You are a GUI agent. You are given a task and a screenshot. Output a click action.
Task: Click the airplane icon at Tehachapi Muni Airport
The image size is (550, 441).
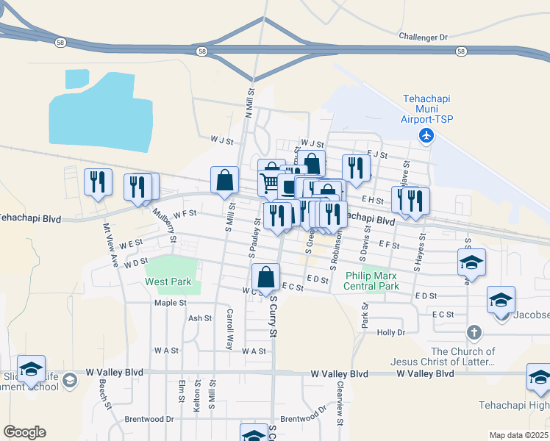pyautogui.click(x=426, y=135)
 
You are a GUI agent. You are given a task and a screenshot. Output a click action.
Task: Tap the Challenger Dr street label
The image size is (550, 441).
pyautogui.click(x=423, y=36)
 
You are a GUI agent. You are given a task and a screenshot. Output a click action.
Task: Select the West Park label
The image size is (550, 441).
pyautogui.click(x=168, y=282)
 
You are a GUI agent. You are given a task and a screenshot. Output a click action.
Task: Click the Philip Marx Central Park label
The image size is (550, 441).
pyautogui.click(x=372, y=281)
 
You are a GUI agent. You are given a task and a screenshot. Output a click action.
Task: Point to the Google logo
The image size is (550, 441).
pyautogui.click(x=24, y=432)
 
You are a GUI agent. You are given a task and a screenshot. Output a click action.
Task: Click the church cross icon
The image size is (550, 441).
pyautogui.click(x=474, y=333)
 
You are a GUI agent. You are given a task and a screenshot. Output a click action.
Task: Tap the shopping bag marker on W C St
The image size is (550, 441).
pyautogui.click(x=265, y=277)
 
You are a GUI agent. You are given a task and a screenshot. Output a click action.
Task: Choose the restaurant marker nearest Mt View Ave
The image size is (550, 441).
pyautogui.click(x=98, y=182)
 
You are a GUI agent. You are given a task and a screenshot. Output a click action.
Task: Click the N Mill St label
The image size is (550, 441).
pyautogui.click(x=249, y=104)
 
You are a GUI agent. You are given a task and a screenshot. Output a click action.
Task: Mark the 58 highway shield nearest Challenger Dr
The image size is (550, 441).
pyautogui.click(x=461, y=51)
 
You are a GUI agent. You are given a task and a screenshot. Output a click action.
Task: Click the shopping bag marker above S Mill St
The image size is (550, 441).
pyautogui.click(x=224, y=180)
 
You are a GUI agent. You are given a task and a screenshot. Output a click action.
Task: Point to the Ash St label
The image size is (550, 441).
pyautogui.click(x=200, y=318)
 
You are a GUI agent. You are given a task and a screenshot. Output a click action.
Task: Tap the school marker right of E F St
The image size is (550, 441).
pyautogui.click(x=471, y=262)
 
